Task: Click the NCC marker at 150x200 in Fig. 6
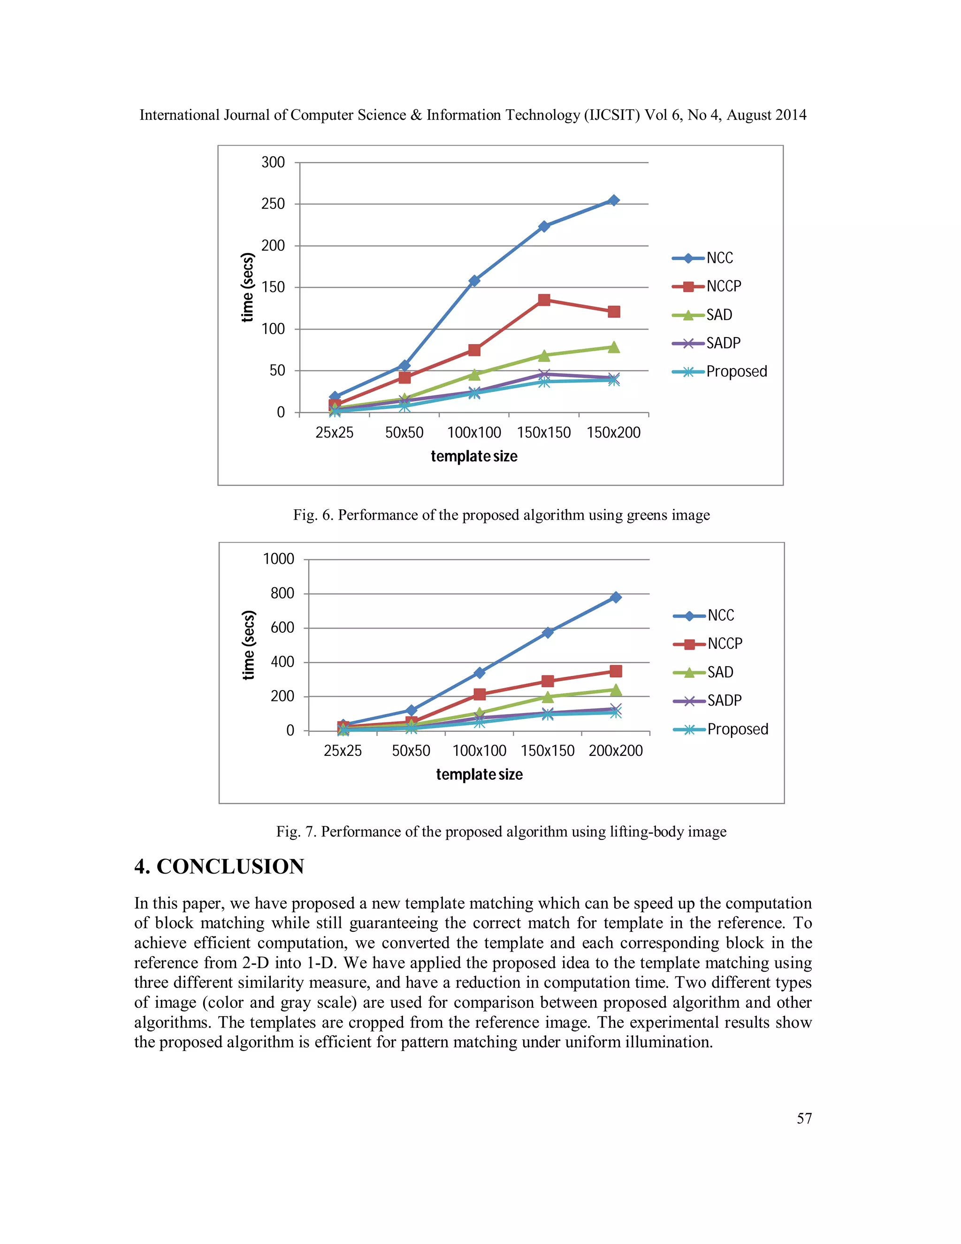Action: pyautogui.click(x=613, y=200)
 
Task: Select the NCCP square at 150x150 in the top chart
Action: pyautogui.click(x=544, y=299)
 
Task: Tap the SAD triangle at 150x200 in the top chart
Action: pyautogui.click(x=613, y=347)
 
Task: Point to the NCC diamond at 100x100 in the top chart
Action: pyautogui.click(x=474, y=280)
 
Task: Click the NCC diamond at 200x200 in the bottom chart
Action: pyautogui.click(x=616, y=597)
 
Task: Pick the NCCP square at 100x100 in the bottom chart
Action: pyautogui.click(x=480, y=694)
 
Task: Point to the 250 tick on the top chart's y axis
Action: pyautogui.click(x=273, y=203)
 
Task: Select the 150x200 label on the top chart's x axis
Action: pyautogui.click(x=613, y=432)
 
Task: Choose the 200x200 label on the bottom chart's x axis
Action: pyautogui.click(x=616, y=750)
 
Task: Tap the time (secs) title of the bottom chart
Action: pyautogui.click(x=248, y=645)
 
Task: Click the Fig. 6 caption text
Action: pyautogui.click(x=501, y=515)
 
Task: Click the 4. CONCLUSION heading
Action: pyautogui.click(x=219, y=867)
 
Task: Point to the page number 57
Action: pyautogui.click(x=804, y=1118)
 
